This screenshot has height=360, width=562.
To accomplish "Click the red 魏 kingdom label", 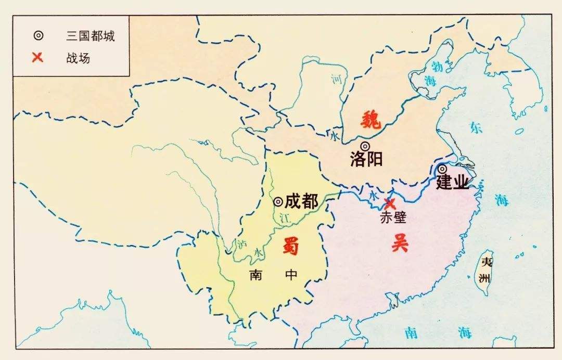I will coord(371,121).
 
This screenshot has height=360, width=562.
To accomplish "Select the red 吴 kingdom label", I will coord(400,243).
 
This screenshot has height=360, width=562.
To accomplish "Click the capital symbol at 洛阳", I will coord(365,146).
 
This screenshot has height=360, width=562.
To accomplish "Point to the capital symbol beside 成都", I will coord(278,201).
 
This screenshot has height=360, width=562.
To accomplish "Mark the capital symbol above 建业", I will coord(442,169).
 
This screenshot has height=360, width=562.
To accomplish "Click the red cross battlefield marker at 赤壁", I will coord(389,203).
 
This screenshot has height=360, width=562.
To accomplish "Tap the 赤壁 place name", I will coord(393,218).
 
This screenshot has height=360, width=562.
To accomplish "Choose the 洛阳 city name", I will coord(366,159).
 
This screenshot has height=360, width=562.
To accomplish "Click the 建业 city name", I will coord(452,183).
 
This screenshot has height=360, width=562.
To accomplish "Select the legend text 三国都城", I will coord(91,36).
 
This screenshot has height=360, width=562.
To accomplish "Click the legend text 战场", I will coord(78,58).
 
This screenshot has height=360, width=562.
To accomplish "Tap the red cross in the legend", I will coord(37,57).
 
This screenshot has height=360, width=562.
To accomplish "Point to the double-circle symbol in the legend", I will coord(38,36).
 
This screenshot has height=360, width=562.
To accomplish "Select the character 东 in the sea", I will coord(476,127).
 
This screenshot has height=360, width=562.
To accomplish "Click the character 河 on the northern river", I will coord(336,80).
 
